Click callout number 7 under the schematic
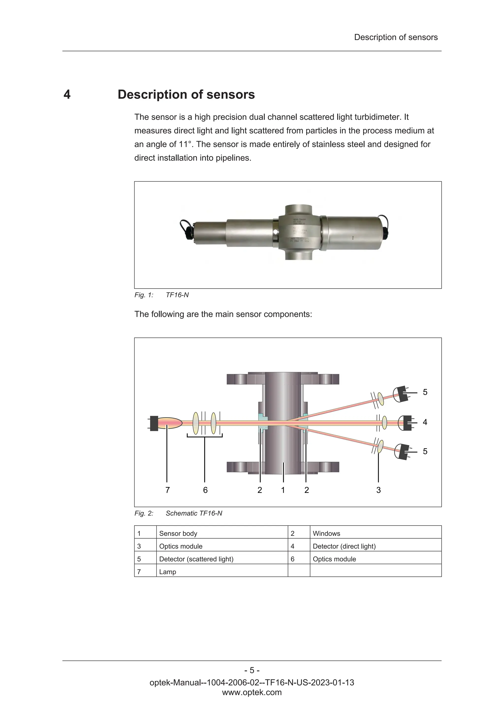click(168, 490)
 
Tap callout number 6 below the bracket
click(205, 490)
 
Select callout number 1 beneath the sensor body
click(283, 490)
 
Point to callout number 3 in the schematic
click(378, 490)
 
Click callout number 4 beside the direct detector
click(425, 422)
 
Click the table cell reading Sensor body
click(178, 533)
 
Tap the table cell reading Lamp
click(168, 572)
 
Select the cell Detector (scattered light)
click(196, 559)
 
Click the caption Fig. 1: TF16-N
click(162, 295)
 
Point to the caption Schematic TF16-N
click(194, 513)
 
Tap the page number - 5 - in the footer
click(252, 670)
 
